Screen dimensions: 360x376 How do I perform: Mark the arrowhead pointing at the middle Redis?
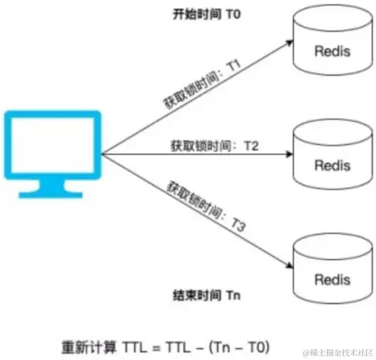[285, 156]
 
